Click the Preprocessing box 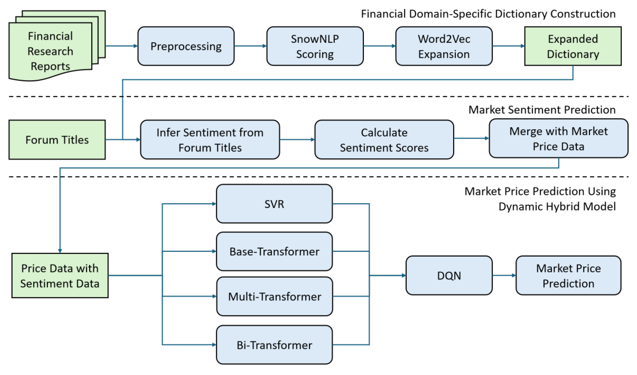tap(186, 46)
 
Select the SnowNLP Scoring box tap(315, 46)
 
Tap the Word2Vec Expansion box tap(444, 46)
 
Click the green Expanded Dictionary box tap(573, 46)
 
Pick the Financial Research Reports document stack tap(51, 51)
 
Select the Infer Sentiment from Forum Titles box tap(210, 140)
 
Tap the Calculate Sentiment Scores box tap(384, 140)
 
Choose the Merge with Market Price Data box tap(558, 138)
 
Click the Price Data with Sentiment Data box tap(60, 276)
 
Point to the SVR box tap(274, 204)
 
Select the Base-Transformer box tap(274, 252)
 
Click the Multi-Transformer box tap(275, 297)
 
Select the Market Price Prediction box tap(568, 276)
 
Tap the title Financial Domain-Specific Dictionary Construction tap(488, 14)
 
